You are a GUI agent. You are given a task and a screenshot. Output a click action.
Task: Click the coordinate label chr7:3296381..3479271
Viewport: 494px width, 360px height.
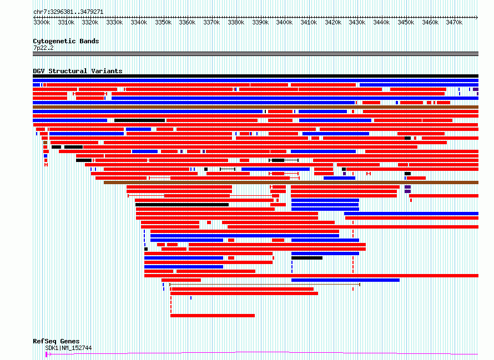click(68, 12)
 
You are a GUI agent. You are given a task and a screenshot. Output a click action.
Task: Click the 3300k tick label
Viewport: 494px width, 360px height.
click(42, 22)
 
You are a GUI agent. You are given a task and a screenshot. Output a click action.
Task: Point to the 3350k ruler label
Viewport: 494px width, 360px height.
click(163, 22)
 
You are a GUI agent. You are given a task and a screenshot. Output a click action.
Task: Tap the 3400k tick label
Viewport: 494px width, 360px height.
click(284, 22)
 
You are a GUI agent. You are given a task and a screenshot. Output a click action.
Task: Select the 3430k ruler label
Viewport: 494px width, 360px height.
click(357, 22)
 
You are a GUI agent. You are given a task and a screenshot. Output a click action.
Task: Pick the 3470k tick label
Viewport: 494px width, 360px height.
click(454, 22)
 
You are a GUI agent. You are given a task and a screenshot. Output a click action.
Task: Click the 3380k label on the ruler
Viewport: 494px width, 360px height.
click(236, 22)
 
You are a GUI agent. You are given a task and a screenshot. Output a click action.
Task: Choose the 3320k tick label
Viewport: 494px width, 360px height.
click(90, 22)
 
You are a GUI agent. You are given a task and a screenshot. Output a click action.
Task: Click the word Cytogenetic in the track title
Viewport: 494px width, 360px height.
click(54, 41)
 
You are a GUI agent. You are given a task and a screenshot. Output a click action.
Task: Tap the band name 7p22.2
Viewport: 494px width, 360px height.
click(43, 48)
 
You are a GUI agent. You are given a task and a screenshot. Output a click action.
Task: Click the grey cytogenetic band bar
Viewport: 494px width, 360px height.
click(255, 54)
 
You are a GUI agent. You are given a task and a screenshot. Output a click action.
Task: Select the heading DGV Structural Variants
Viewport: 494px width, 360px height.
click(78, 71)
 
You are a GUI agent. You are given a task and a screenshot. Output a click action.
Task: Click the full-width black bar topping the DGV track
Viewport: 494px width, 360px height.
click(255, 76)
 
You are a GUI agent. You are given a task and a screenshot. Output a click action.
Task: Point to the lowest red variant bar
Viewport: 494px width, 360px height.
click(213, 316)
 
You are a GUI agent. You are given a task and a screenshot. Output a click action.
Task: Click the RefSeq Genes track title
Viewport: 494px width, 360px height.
click(56, 341)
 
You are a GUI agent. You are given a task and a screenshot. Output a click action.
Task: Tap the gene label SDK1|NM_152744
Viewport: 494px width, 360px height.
click(68, 348)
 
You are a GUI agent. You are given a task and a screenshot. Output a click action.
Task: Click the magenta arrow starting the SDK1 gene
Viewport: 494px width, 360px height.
click(48, 354)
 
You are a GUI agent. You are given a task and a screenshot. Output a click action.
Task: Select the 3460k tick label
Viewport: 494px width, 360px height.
click(430, 22)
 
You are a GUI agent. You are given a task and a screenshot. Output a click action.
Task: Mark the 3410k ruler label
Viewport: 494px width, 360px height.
click(309, 22)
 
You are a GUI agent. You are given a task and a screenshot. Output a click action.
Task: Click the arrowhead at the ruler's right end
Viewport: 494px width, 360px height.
click(477, 17)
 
